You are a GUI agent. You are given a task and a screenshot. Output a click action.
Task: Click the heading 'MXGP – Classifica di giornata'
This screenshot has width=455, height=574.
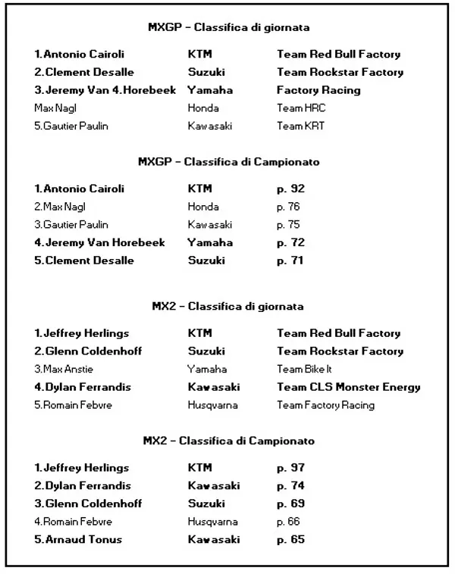[228, 28]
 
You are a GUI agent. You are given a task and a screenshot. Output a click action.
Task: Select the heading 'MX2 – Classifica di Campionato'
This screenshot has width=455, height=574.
[228, 441]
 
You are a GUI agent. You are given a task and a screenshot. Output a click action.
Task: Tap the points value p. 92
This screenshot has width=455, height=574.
[290, 189]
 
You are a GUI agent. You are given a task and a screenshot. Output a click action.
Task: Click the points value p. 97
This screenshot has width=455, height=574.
[290, 468]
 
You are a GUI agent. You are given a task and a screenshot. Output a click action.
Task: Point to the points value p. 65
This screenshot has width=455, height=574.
[290, 540]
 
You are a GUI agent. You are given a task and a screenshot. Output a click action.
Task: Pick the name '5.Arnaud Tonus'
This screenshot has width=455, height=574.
[77, 540]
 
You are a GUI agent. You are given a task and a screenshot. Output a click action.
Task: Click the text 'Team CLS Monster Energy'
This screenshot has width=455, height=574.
[348, 387]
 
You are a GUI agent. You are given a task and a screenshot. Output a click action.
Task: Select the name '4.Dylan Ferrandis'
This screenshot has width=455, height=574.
[82, 387]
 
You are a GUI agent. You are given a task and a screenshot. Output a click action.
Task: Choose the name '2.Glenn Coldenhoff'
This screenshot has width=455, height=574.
[87, 351]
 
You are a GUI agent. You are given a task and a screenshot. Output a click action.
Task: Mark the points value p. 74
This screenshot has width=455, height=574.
[290, 486]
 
